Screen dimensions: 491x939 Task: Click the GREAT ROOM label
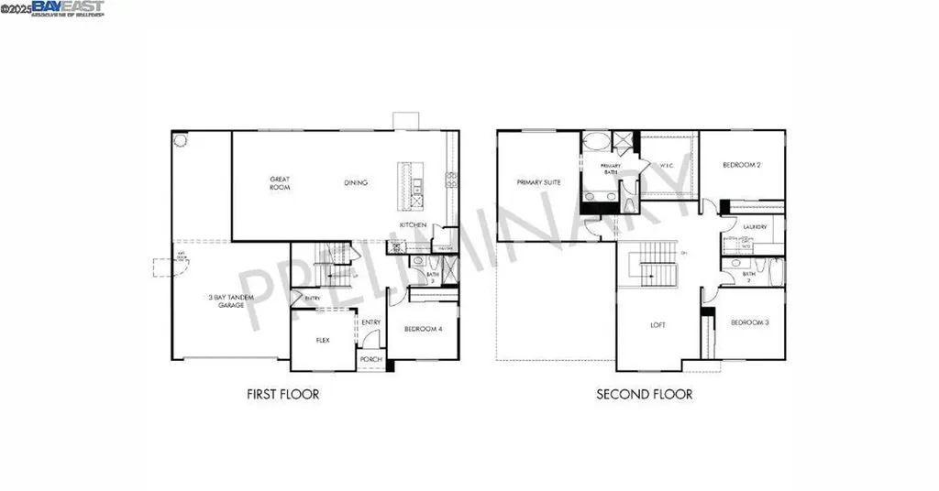pos(280,183)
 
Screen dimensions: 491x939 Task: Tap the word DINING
pos(356,183)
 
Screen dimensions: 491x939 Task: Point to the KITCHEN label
pos(413,225)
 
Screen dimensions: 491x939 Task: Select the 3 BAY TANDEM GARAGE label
pos(225,300)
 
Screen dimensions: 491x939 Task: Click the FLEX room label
pos(323,340)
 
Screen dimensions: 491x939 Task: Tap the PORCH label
pos(370,359)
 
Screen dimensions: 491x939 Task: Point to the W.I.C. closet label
pos(667,166)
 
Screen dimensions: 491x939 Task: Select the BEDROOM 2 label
pos(741,165)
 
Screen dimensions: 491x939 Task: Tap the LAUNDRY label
pos(755,227)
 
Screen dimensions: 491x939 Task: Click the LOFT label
pos(658,324)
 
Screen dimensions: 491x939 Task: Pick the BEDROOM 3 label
pos(749,323)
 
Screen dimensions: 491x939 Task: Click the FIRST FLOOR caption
pos(282,395)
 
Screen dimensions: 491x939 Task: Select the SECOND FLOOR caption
pos(644,395)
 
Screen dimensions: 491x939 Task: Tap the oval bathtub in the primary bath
pos(597,142)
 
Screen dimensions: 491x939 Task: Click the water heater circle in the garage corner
pos(181,140)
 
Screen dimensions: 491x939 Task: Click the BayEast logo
pos(68,7)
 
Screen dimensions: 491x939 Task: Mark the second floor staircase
pos(656,265)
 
